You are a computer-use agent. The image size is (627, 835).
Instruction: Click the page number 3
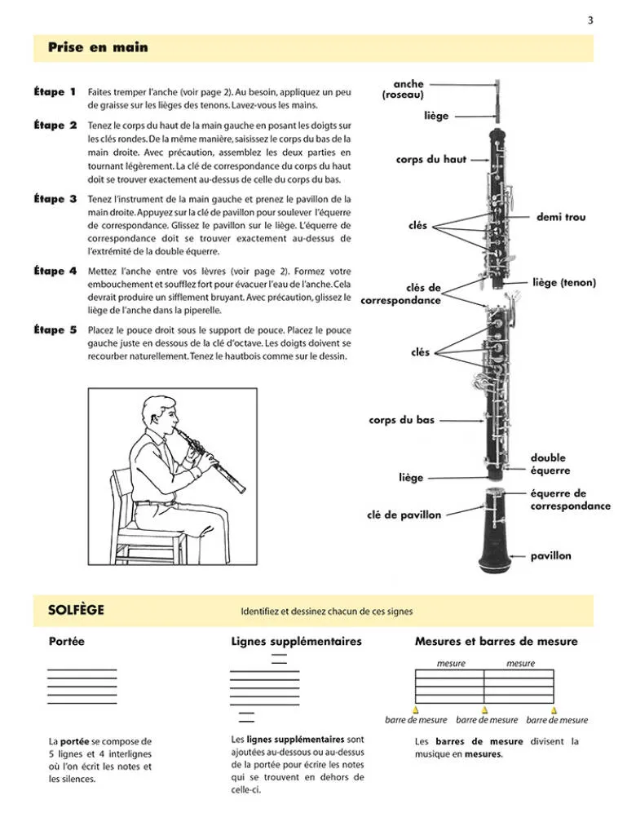click(x=589, y=20)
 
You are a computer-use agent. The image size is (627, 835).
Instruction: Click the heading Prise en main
click(x=98, y=47)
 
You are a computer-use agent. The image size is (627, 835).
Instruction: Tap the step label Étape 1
click(x=55, y=92)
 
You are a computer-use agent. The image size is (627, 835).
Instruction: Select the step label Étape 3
click(x=55, y=199)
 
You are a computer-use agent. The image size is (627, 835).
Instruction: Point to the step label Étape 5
click(x=55, y=330)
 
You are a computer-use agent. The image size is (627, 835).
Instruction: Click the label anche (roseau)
click(x=404, y=90)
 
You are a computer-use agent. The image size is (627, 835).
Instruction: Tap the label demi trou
click(x=561, y=218)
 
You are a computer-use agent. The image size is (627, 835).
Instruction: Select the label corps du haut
click(x=431, y=160)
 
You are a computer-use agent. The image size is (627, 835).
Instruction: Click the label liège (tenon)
click(x=564, y=283)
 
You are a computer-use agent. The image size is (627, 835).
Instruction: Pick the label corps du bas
click(x=401, y=421)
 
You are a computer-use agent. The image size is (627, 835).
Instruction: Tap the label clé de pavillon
click(x=404, y=515)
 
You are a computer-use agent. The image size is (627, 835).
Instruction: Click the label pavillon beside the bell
click(x=551, y=556)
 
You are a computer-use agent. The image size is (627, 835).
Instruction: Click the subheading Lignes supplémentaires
click(x=296, y=642)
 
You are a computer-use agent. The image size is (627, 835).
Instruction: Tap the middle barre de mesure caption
click(x=487, y=720)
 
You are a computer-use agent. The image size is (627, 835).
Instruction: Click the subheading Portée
click(x=67, y=642)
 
